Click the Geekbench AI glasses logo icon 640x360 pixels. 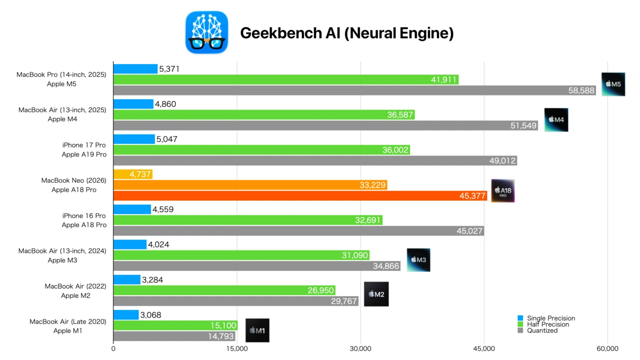click(206, 32)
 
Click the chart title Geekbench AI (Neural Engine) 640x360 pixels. click(346, 33)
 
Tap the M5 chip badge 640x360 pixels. click(613, 84)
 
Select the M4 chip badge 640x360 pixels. click(556, 120)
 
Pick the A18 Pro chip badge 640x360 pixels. click(502, 190)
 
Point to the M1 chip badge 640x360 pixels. click(257, 330)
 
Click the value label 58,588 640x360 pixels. click(581, 90)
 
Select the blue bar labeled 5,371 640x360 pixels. click(135, 69)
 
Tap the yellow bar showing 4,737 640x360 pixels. click(132, 174)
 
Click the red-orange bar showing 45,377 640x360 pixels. click(300, 195)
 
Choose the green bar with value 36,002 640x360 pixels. click(261, 150)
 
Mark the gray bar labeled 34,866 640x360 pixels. click(256, 266)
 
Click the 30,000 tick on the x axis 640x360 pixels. click(360, 348)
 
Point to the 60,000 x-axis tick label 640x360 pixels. click(607, 348)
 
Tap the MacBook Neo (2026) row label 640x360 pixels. click(74, 180)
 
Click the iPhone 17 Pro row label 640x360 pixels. click(84, 145)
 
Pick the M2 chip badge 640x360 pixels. click(376, 294)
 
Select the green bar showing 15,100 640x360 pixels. click(175, 326)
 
